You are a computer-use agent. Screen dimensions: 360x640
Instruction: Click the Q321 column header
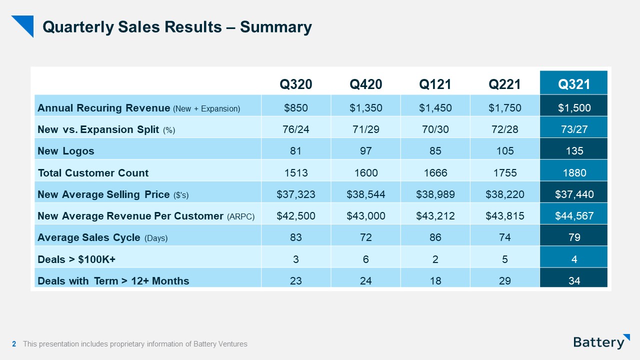[574, 84]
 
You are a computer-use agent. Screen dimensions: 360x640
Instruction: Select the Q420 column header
[365, 84]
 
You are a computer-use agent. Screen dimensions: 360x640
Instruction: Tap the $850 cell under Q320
[296, 108]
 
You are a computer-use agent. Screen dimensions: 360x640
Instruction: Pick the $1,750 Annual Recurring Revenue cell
[504, 108]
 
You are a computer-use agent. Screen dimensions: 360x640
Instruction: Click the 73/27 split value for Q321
[574, 129]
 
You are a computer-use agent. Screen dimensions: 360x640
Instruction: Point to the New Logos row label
[66, 151]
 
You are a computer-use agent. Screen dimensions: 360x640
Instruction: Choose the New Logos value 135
[574, 151]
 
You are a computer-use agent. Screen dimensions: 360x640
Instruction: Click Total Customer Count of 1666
[435, 173]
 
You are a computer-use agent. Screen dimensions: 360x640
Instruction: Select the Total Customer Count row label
[93, 173]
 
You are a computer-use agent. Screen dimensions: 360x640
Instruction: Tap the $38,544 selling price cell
[365, 194]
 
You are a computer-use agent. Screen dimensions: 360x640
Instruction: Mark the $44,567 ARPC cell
[574, 216]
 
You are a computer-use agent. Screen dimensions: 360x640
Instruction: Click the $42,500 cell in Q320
[296, 216]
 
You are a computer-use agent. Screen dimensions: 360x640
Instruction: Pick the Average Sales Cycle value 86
[435, 237]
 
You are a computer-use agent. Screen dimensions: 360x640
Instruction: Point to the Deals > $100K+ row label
[76, 259]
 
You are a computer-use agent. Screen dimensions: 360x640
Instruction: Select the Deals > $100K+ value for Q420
[365, 259]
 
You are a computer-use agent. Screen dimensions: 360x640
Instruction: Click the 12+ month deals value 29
[504, 281]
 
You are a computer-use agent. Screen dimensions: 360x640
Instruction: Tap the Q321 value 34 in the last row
[574, 281]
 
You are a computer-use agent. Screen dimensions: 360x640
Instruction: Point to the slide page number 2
[14, 344]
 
